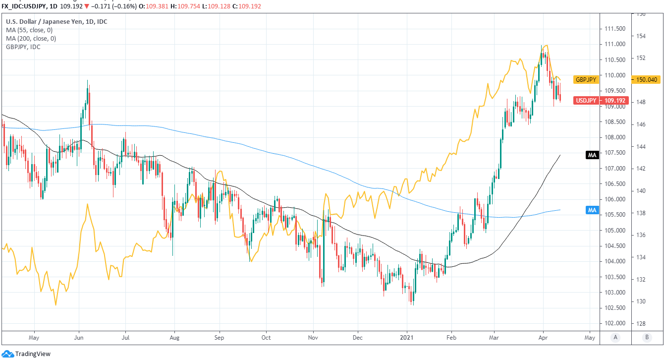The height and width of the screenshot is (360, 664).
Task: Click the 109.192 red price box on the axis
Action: tap(615, 101)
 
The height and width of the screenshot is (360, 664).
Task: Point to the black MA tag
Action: tap(592, 155)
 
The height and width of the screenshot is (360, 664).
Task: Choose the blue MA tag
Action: tap(592, 210)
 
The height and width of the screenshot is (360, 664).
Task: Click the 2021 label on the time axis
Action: tap(407, 338)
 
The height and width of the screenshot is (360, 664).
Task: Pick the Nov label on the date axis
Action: tap(313, 338)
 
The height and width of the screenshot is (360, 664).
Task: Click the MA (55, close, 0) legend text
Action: tap(30, 30)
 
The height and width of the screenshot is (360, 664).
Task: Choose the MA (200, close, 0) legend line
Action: tap(32, 38)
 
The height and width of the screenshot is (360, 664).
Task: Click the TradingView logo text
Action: tap(33, 354)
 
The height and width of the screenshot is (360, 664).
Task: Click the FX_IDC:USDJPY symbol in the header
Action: tap(24, 6)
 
